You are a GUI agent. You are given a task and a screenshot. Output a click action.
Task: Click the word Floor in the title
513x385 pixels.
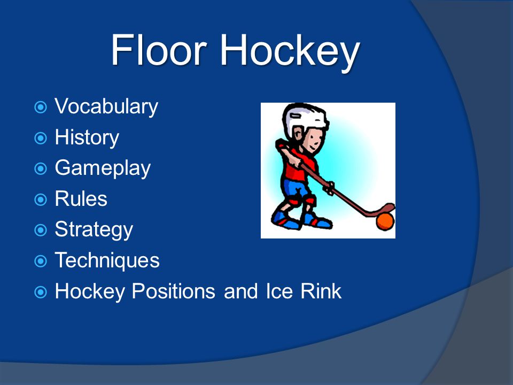pyautogui.click(x=159, y=50)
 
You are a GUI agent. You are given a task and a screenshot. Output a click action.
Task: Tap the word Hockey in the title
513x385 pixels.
pyautogui.click(x=291, y=53)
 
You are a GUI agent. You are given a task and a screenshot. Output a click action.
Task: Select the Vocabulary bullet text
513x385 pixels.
pyautogui.click(x=106, y=107)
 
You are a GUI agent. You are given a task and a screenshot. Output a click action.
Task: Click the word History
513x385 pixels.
pyautogui.click(x=87, y=137)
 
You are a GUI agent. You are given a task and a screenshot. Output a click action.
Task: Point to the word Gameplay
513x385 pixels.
pyautogui.click(x=103, y=168)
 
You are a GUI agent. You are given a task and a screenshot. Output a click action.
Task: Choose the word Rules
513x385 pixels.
pyautogui.click(x=81, y=199)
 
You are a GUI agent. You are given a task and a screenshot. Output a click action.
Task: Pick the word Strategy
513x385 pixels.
pyautogui.click(x=94, y=230)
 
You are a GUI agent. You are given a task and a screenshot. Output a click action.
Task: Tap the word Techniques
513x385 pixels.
pyautogui.click(x=107, y=260)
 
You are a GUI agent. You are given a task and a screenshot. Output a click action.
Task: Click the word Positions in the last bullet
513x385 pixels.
pyautogui.click(x=173, y=291)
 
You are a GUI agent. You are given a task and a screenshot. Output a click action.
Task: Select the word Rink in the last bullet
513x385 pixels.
pyautogui.click(x=321, y=291)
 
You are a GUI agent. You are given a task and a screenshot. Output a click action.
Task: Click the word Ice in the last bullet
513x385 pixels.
pyautogui.click(x=279, y=291)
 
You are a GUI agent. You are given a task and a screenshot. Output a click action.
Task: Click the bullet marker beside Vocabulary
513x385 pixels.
pyautogui.click(x=41, y=107)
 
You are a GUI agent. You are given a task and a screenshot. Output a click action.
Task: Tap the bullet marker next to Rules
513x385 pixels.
pyautogui.click(x=41, y=199)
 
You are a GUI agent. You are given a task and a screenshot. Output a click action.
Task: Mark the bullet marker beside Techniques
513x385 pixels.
pyautogui.click(x=41, y=261)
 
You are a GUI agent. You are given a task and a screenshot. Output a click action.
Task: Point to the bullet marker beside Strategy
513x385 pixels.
pyautogui.click(x=41, y=230)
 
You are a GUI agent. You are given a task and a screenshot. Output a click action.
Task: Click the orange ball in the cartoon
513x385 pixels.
pyautogui.click(x=385, y=221)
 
